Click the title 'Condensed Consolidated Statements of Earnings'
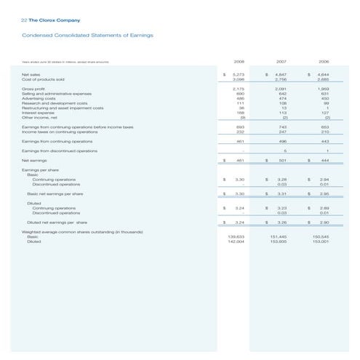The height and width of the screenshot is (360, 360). coord(87,34)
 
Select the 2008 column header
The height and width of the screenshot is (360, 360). coord(239,60)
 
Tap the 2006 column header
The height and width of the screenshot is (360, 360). coord(324,60)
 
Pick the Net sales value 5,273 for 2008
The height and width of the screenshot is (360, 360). coord(238,74)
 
